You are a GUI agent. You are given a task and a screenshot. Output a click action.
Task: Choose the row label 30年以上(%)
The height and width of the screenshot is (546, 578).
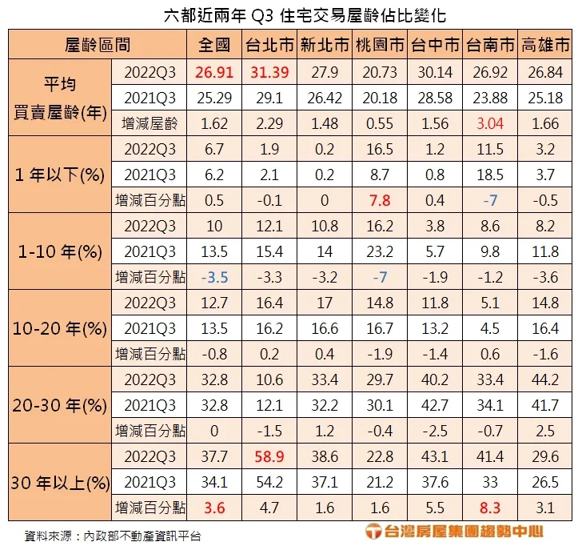pyautogui.click(x=60, y=483)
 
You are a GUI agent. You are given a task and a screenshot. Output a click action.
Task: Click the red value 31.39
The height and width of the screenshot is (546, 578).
pyautogui.click(x=270, y=72)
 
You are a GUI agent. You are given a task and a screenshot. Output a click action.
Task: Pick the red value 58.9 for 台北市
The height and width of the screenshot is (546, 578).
pyautogui.click(x=270, y=456)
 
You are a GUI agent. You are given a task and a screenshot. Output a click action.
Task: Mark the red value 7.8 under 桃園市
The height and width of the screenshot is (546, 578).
pyautogui.click(x=380, y=200)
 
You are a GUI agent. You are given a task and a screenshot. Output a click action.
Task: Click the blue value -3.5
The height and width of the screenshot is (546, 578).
pyautogui.click(x=215, y=277)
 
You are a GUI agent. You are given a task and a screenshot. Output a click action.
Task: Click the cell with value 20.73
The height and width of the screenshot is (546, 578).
pyautogui.click(x=380, y=72)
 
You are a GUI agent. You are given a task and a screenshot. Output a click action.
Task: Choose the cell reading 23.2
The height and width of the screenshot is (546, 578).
pyautogui.click(x=380, y=251)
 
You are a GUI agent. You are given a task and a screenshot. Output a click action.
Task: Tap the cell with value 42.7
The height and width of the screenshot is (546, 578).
pyautogui.click(x=434, y=405)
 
